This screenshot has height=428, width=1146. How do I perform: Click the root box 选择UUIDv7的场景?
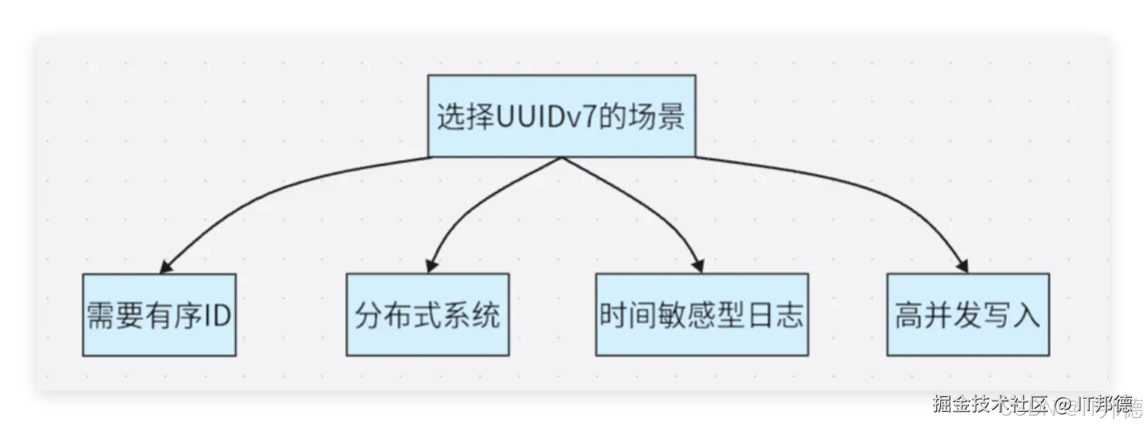point(561,115)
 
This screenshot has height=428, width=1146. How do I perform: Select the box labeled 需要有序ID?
point(159,315)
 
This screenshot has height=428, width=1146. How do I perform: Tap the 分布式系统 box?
point(428,315)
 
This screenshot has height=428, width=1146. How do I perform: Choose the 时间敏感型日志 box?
point(701,315)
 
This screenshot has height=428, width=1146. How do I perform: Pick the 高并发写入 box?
point(967,315)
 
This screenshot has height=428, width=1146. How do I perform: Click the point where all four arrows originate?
point(562,157)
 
